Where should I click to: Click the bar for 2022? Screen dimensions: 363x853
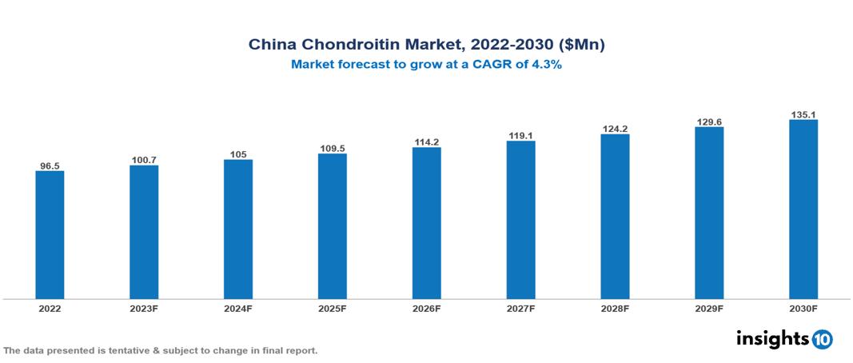(50, 234)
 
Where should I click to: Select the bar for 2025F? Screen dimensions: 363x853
(333, 226)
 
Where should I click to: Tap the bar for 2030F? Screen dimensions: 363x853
(803, 209)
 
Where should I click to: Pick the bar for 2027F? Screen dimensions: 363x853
(520, 220)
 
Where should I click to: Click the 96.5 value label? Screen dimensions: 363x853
(50, 166)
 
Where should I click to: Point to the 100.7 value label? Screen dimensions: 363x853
(144, 161)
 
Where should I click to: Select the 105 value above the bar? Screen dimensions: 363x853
(238, 154)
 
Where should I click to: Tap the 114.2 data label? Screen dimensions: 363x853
(426, 142)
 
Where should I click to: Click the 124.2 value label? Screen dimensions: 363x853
(615, 129)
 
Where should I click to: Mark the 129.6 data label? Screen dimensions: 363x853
(709, 122)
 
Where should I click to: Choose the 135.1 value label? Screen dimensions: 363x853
(803, 114)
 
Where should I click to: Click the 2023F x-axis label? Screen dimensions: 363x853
(144, 308)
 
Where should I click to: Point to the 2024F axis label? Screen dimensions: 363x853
(238, 308)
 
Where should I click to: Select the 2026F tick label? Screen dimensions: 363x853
(426, 308)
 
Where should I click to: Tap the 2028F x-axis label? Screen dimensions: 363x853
(615, 308)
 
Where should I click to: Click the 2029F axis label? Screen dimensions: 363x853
(709, 308)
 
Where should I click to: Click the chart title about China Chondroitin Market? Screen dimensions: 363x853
(426, 46)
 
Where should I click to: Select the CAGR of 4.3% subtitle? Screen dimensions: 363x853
(426, 65)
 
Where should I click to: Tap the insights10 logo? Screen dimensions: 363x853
(784, 339)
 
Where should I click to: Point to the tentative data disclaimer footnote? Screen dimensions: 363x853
(161, 350)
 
